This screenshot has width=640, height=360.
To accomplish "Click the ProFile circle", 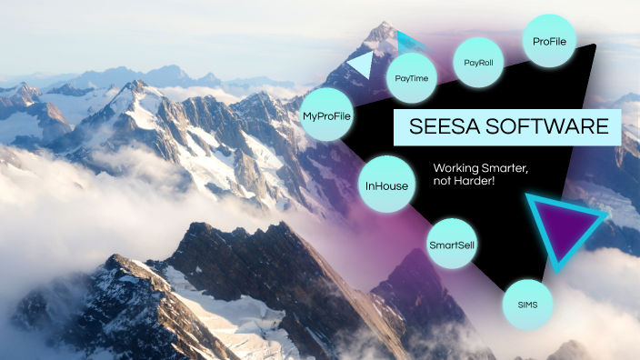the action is pos(550,41).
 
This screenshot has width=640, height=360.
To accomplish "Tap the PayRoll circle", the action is pos(479,65).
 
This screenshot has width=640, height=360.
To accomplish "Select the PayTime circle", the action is pos(412,79).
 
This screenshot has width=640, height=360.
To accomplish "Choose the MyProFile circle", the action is pos(326,115).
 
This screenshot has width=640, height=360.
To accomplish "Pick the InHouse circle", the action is pos(386,185).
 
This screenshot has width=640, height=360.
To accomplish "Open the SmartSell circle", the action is pos(452,244).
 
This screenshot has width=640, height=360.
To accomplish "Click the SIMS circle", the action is pos(527,303).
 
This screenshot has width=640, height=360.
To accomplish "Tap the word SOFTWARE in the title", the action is pos(551,127).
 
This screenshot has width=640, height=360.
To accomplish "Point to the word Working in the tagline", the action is pos(456,168).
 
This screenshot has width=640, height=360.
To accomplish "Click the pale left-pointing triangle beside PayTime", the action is pos(361,65).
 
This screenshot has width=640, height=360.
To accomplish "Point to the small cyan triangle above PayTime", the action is pos(408,43).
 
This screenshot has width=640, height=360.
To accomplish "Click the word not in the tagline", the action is pos(444,182).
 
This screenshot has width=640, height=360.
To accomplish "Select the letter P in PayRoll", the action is pos(466,65).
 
